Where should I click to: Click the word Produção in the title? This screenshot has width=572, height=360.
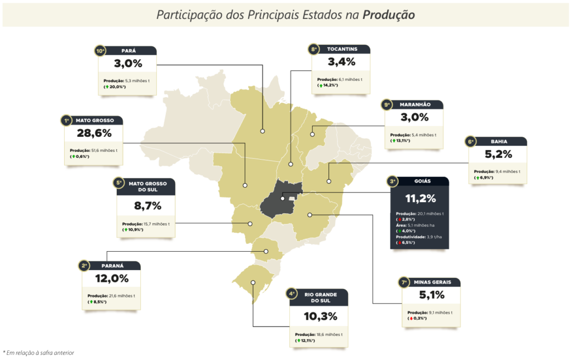coord(389,15)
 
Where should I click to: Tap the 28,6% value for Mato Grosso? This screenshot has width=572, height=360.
coord(94,133)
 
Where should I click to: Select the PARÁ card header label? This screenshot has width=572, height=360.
coord(128,51)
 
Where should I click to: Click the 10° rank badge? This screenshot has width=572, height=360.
coord(100,51)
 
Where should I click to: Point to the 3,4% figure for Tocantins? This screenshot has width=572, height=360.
coord(341,62)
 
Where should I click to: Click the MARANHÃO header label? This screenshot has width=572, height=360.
coord(415,104)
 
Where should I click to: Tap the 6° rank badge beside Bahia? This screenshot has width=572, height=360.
coord(470,142)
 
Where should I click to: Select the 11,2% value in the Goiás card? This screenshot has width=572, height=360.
coord(420,199)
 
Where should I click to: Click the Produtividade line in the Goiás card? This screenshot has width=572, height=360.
coord(419,237)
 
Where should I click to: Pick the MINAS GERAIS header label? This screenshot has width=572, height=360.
coord(432,282)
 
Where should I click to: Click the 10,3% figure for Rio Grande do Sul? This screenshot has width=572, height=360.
coord(320,316)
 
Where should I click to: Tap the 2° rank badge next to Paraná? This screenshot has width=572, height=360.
coord(84,266)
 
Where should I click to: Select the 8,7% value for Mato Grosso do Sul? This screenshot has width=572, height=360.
coord(147,206)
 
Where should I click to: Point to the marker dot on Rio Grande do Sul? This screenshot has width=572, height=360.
coord(253,283)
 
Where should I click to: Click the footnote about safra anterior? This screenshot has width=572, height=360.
coord(39,353)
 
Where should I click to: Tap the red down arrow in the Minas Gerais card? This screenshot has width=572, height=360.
coord(411,319)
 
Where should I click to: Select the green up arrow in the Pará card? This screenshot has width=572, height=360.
coord(107,87)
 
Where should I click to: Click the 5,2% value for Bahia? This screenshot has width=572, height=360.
coord(498,155)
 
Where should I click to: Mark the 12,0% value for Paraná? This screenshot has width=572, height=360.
coord(112,279)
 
